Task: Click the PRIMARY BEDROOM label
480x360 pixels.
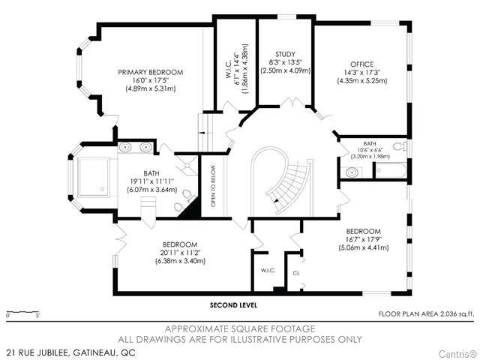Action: point(151,72)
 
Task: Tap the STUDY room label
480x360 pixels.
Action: point(285,54)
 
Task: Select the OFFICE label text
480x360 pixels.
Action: point(362,64)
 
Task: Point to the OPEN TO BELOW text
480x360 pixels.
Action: point(213,186)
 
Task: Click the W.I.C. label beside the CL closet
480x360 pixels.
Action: point(268,271)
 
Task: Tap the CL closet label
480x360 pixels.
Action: point(296,273)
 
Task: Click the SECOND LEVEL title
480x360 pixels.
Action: point(233,305)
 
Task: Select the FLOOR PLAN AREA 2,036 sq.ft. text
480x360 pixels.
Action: point(427,313)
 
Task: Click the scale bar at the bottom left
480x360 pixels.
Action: point(22,313)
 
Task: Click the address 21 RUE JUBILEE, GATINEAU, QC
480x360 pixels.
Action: point(71,352)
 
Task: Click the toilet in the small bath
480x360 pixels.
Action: point(400,146)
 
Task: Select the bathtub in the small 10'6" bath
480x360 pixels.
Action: point(391,170)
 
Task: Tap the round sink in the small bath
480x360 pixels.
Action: point(352,172)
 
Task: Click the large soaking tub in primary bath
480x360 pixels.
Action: point(94,177)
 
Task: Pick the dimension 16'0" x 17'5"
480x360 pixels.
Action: point(151,80)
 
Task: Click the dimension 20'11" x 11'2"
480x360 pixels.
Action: point(180,253)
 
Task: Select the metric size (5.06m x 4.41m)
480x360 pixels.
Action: point(364,247)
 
